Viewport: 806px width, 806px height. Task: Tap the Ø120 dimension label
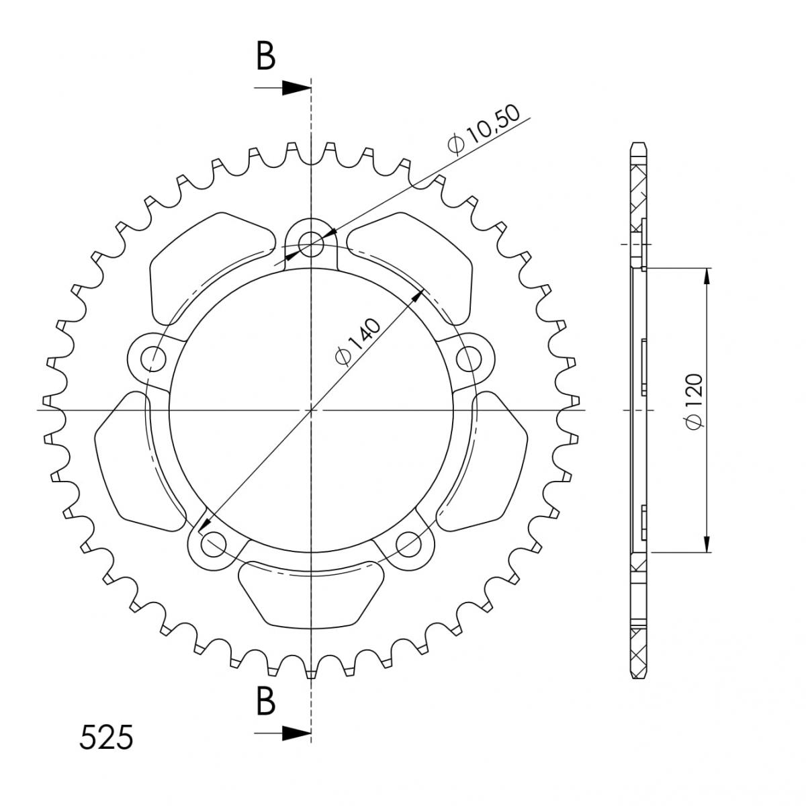(x=695, y=402)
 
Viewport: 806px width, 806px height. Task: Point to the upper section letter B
(x=265, y=56)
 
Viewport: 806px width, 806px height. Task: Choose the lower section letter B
(x=265, y=701)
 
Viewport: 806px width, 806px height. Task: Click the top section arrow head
(x=297, y=88)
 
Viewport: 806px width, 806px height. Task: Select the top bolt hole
(x=311, y=243)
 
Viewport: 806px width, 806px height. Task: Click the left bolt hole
(x=154, y=359)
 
